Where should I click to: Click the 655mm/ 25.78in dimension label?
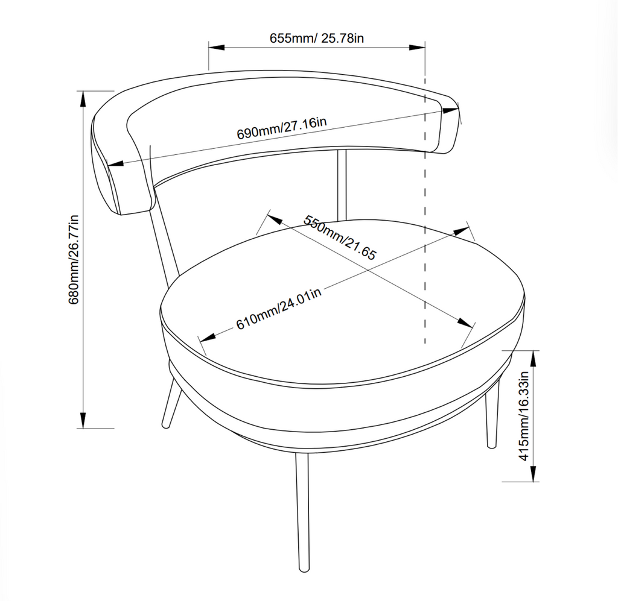[x=317, y=38]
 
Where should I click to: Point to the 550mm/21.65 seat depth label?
[x=340, y=237]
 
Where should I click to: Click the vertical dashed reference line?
[x=425, y=241]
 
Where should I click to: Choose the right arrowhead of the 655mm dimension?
[x=418, y=47]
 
